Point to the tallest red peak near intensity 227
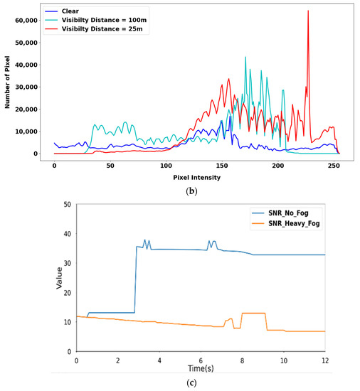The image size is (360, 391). [308, 11]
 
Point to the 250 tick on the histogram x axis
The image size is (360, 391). [333, 165]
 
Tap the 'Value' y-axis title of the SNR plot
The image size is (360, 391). [60, 278]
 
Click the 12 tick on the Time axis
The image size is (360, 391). [325, 360]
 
